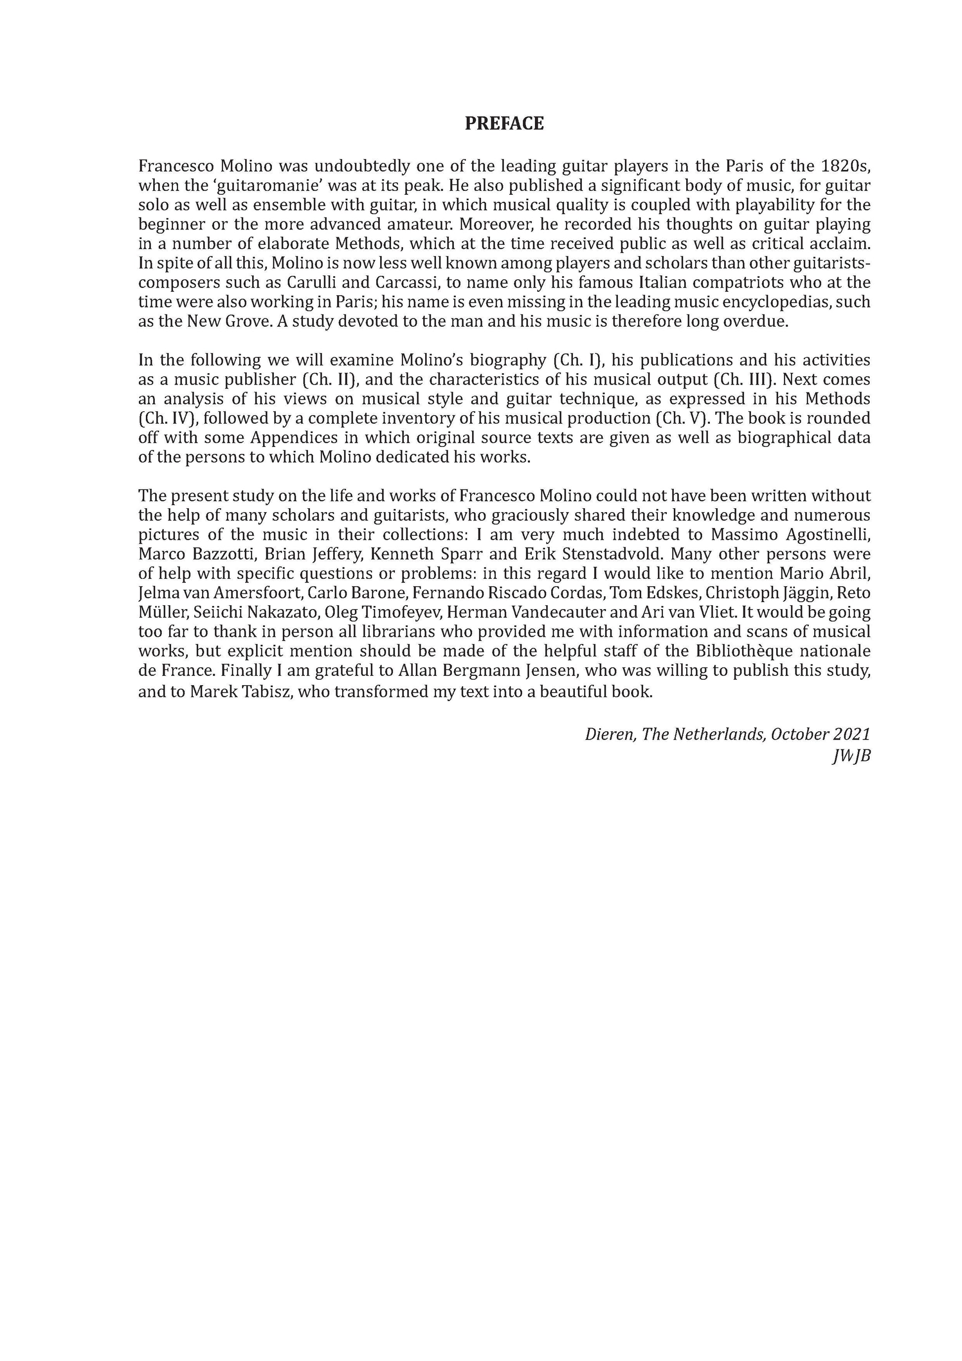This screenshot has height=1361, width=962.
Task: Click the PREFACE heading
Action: [x=504, y=123]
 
